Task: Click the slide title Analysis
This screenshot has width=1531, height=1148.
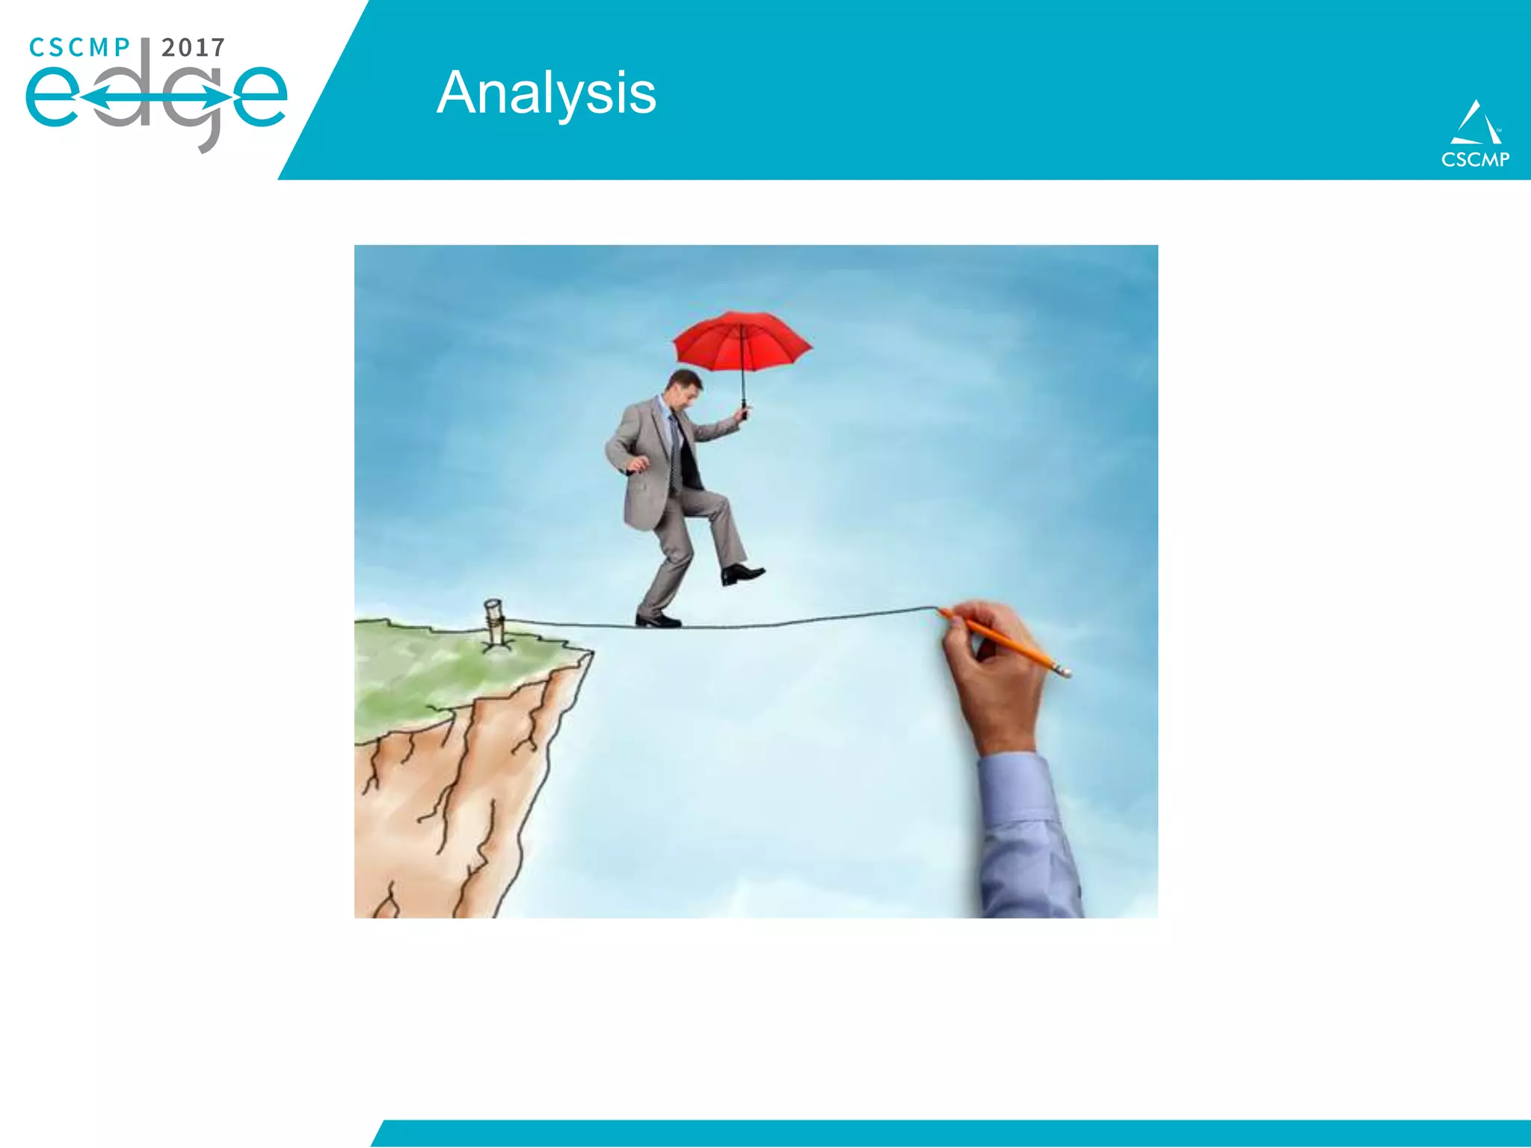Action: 546,93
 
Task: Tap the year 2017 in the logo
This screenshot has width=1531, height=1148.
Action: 193,48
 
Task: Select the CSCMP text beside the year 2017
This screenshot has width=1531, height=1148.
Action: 79,48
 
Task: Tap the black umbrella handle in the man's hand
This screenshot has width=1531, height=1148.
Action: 744,410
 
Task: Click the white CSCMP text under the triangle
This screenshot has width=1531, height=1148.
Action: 1475,159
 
